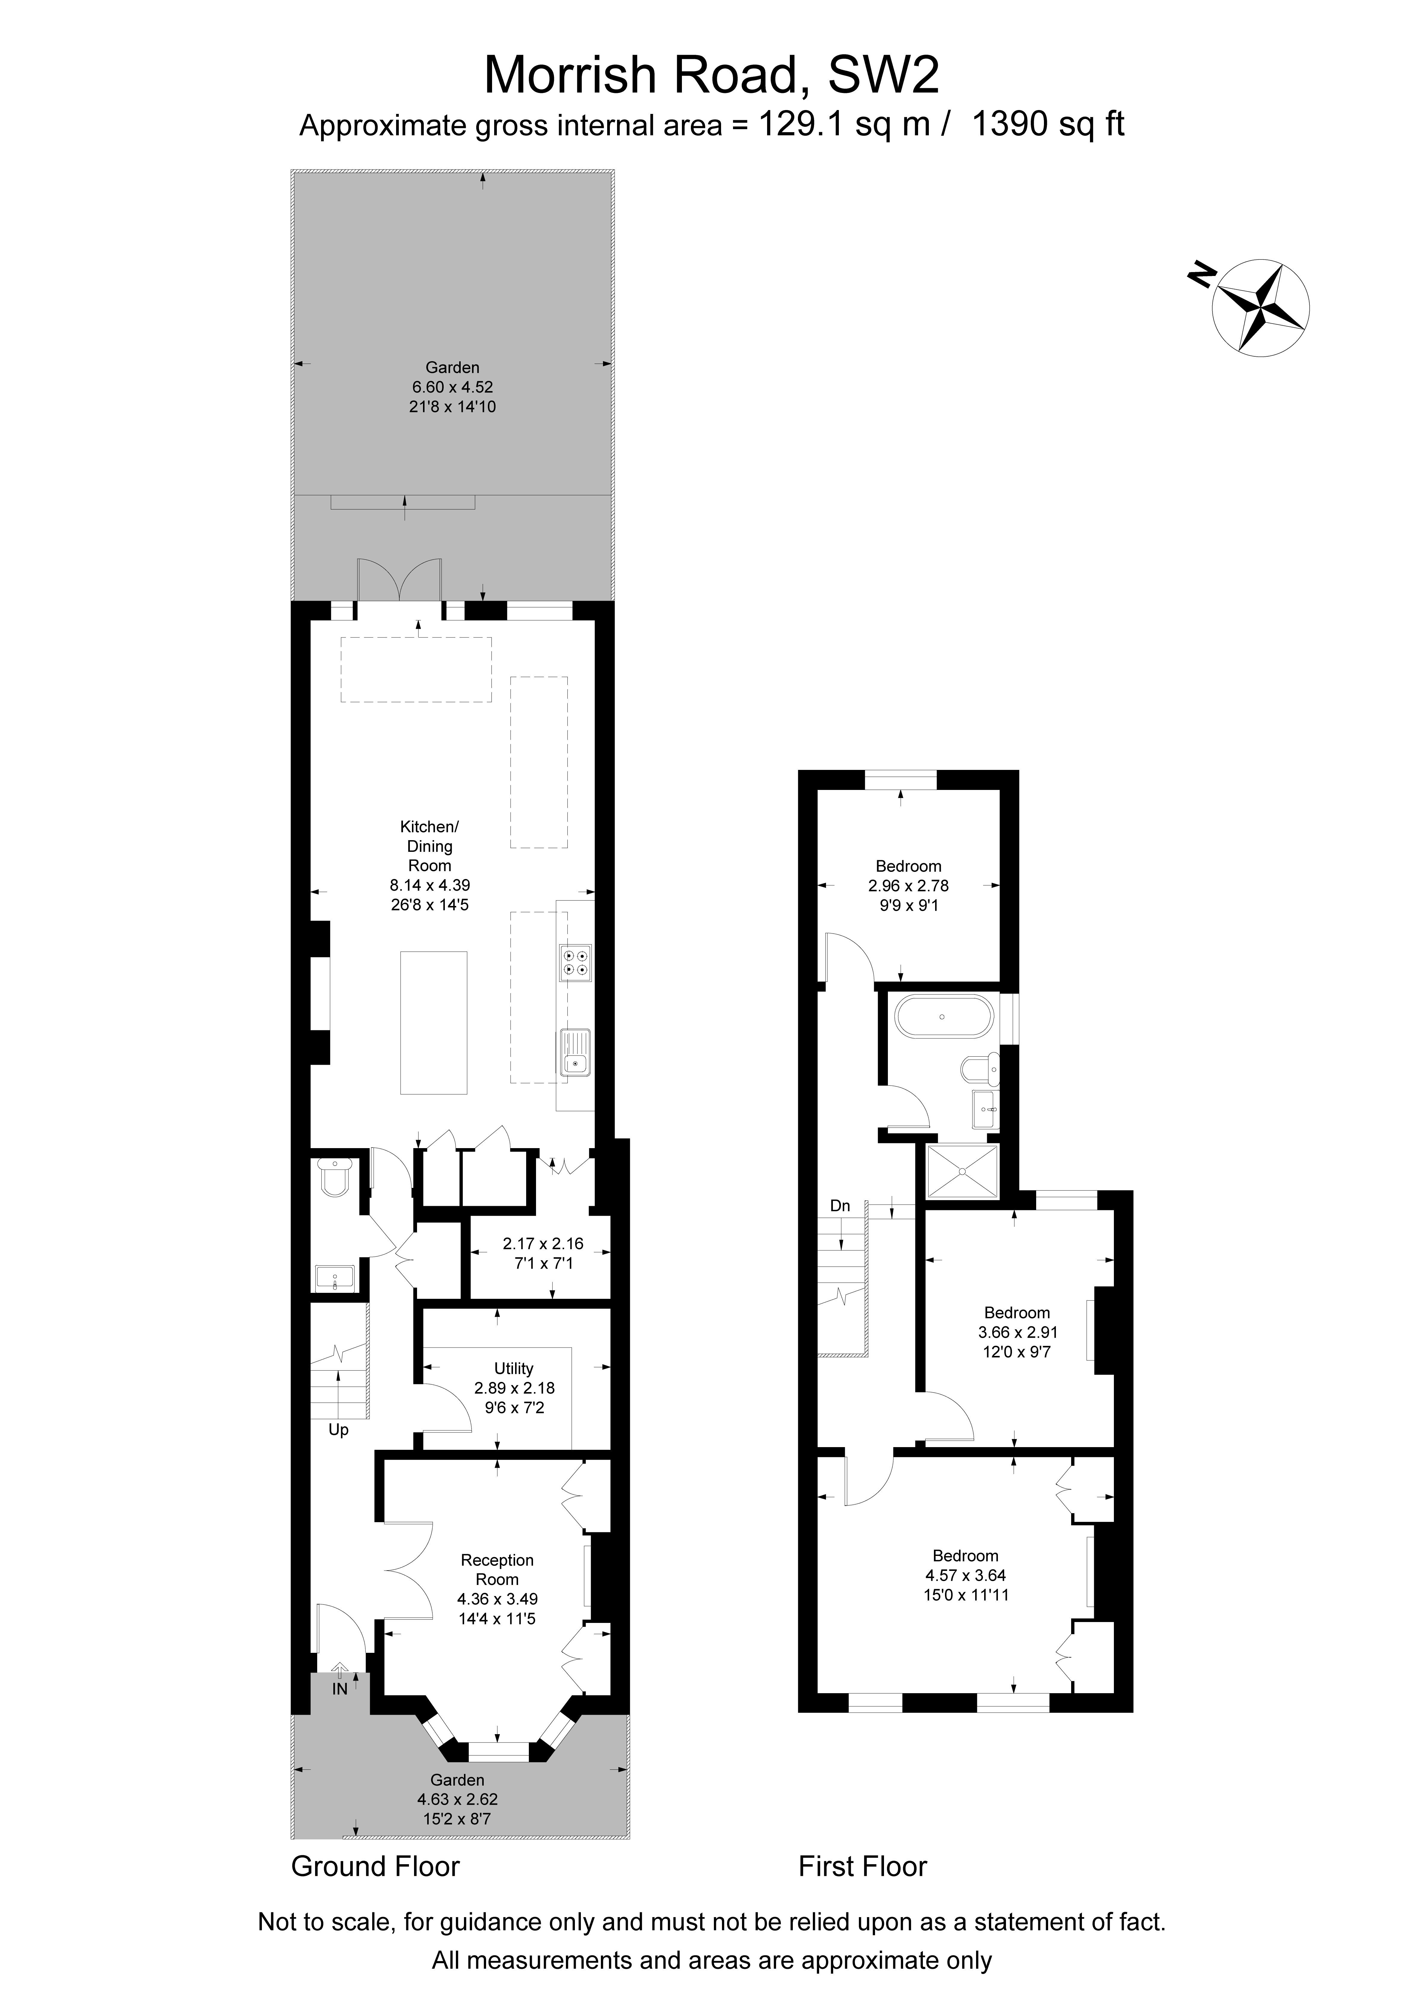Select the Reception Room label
497,1569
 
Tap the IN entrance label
340,1689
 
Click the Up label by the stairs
339,1430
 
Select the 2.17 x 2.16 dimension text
543,1244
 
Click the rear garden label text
453,367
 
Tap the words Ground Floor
375,1866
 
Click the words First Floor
862,1866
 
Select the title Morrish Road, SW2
711,75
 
